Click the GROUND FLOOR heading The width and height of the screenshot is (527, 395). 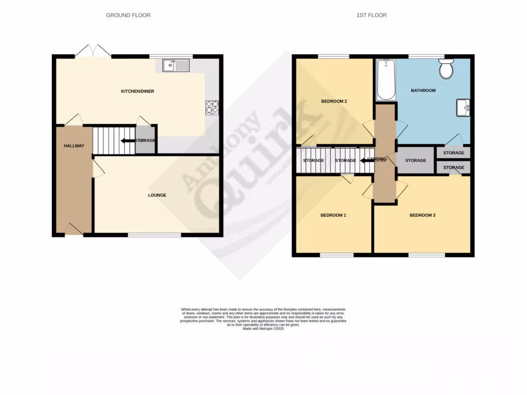(x=128, y=15)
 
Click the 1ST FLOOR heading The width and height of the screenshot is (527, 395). (x=371, y=15)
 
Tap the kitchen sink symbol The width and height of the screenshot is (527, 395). (x=176, y=65)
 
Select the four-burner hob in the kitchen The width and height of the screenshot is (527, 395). (x=212, y=106)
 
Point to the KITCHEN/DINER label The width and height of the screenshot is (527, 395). (x=137, y=92)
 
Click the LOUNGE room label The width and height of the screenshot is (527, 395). (x=157, y=195)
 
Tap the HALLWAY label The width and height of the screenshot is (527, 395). (x=74, y=146)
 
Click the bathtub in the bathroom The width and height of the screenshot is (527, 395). (x=385, y=80)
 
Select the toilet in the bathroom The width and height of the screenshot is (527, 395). (x=446, y=68)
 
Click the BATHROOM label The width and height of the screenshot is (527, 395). (x=423, y=91)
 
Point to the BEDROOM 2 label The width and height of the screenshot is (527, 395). (x=333, y=101)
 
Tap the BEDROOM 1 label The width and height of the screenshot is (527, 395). (x=333, y=215)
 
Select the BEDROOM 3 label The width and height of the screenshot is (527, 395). (x=423, y=215)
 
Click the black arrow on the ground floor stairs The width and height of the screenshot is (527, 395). (x=125, y=140)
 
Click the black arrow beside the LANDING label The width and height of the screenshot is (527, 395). (x=366, y=160)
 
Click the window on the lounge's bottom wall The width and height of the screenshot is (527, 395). (x=154, y=235)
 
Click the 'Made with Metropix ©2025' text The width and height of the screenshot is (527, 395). (x=263, y=329)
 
